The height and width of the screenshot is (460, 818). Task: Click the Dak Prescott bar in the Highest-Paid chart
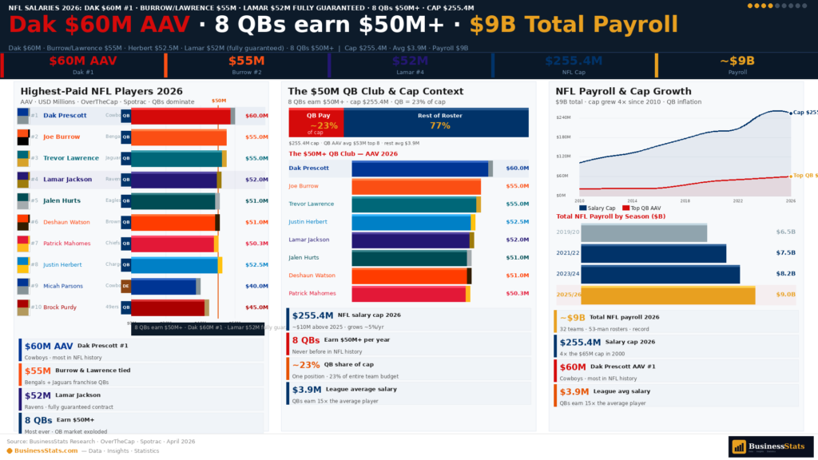pyautogui.click(x=182, y=116)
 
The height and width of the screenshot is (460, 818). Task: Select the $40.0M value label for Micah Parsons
pyautogui.click(x=256, y=286)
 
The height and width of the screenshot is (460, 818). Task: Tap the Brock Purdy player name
pyautogui.click(x=61, y=307)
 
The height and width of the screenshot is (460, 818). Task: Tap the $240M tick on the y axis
pyautogui.click(x=562, y=117)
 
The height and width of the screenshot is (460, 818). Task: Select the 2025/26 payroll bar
pyautogui.click(x=668, y=295)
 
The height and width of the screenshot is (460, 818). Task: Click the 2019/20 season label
pyautogui.click(x=568, y=232)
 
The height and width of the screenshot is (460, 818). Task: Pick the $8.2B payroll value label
pyautogui.click(x=785, y=274)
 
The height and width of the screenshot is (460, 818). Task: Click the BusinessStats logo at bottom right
pyautogui.click(x=769, y=446)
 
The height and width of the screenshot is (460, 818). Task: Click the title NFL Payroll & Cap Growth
pyautogui.click(x=623, y=91)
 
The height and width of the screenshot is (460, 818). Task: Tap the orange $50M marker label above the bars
pyautogui.click(x=218, y=101)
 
